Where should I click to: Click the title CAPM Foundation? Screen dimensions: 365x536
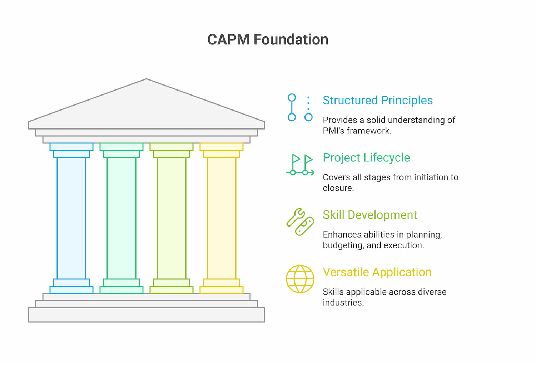click(x=268, y=40)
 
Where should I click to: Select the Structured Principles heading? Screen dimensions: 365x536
click(x=377, y=100)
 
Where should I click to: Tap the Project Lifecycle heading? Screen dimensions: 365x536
click(x=366, y=157)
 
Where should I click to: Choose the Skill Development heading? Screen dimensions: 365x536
click(x=369, y=215)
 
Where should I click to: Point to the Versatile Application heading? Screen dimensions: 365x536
click(x=377, y=272)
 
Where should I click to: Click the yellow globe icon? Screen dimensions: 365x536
click(x=300, y=279)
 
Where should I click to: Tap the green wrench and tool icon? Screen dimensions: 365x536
click(x=300, y=222)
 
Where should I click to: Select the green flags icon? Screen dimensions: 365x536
click(x=300, y=165)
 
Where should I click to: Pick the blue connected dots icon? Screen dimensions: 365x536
click(x=300, y=107)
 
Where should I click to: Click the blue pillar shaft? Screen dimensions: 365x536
click(x=71, y=218)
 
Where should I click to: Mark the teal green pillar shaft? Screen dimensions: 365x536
click(x=121, y=218)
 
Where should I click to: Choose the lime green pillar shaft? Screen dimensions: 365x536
click(x=172, y=218)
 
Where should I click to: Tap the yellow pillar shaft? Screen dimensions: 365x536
click(x=222, y=218)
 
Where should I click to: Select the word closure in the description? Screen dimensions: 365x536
click(x=337, y=188)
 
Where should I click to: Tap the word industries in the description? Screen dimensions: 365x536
click(x=342, y=302)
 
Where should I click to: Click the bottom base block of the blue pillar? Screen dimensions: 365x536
click(x=71, y=290)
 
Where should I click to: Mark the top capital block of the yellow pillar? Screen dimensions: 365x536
click(x=222, y=147)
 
